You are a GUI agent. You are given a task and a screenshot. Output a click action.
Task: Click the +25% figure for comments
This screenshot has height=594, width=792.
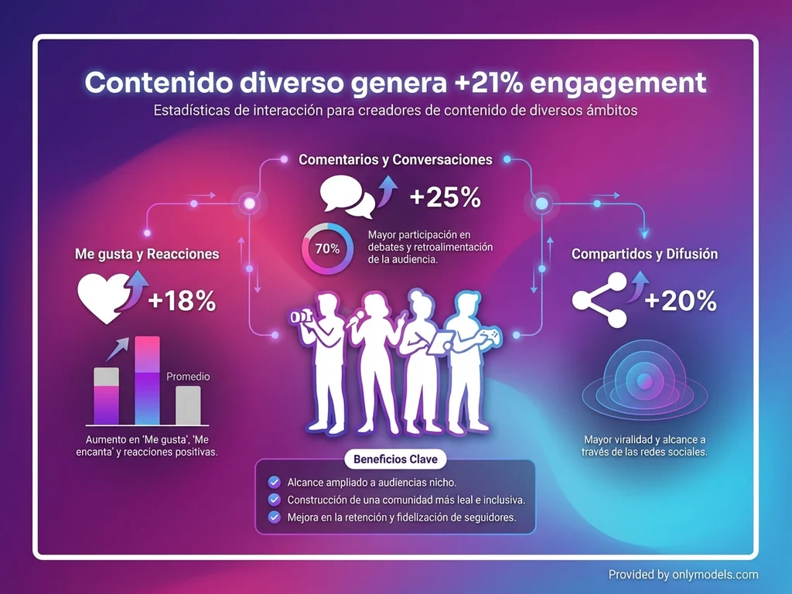[445, 197]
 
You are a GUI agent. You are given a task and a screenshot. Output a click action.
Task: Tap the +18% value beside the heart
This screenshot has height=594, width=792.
[182, 301]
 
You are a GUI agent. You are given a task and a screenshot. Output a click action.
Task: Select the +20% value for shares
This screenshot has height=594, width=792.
[681, 301]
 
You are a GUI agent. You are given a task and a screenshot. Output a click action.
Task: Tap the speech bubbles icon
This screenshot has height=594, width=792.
[349, 196]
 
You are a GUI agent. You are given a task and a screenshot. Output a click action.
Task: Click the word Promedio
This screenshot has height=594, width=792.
[188, 377]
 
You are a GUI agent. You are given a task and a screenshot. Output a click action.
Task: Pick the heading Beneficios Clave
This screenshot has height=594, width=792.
[395, 459]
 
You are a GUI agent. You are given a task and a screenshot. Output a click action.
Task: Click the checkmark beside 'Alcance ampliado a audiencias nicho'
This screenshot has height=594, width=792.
[273, 483]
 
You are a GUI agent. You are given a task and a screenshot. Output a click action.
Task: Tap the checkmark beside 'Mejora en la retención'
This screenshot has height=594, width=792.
[273, 517]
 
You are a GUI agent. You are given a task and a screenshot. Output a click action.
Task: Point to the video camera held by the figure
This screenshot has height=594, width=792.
[299, 317]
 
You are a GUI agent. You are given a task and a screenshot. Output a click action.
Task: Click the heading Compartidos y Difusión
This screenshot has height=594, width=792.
[644, 254]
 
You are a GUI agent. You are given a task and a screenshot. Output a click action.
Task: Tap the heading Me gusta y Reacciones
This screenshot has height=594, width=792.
[147, 254]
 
